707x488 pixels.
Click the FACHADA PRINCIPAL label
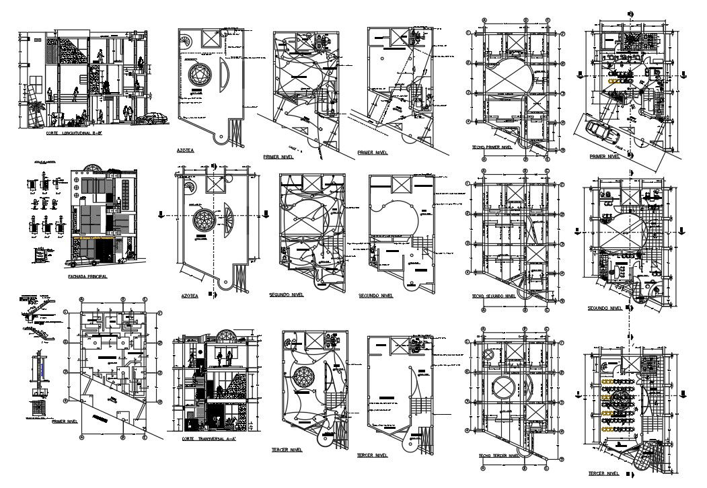click(89, 275)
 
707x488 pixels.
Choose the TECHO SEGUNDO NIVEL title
click(494, 295)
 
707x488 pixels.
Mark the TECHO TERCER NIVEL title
click(499, 456)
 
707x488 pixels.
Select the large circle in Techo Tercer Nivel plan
click(503, 389)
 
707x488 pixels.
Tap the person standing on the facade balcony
click(119, 204)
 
